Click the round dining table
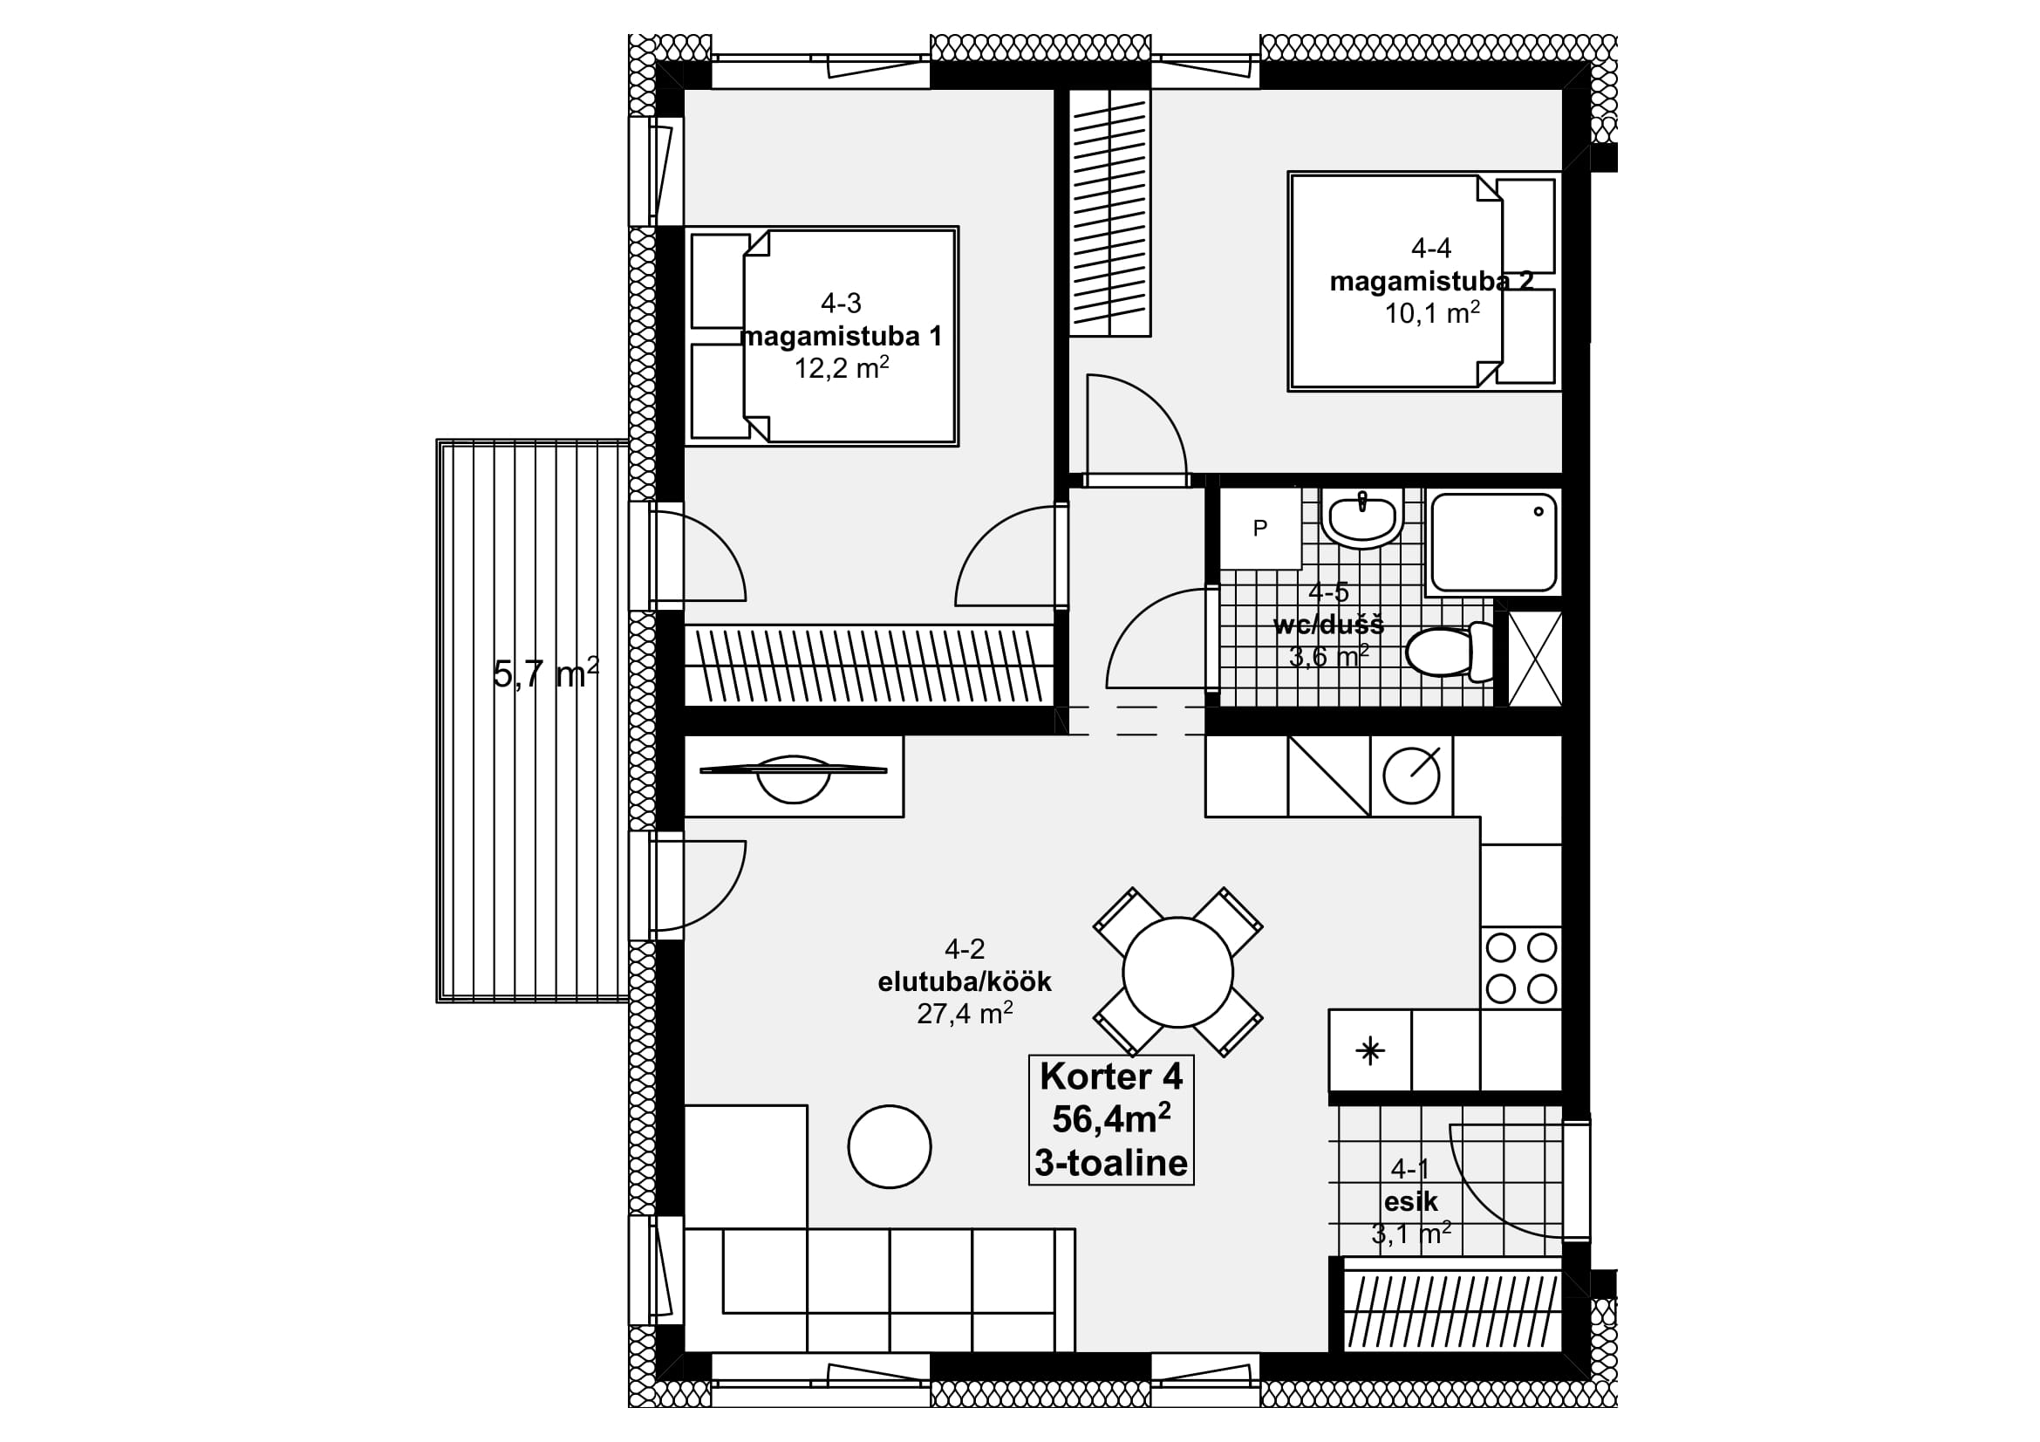[1177, 972]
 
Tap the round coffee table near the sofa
[890, 1146]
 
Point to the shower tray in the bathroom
[1492, 542]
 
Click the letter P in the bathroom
[1260, 529]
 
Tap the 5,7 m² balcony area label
[545, 674]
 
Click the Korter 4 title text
[1110, 1076]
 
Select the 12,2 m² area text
[842, 368]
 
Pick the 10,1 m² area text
[1432, 313]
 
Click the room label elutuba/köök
[964, 981]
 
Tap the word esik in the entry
[1411, 1201]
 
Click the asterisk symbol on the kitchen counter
[1369, 1052]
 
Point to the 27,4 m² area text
[965, 1013]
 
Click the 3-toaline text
[1110, 1162]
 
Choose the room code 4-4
[1431, 247]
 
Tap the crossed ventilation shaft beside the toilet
[1535, 659]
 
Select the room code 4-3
[841, 304]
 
